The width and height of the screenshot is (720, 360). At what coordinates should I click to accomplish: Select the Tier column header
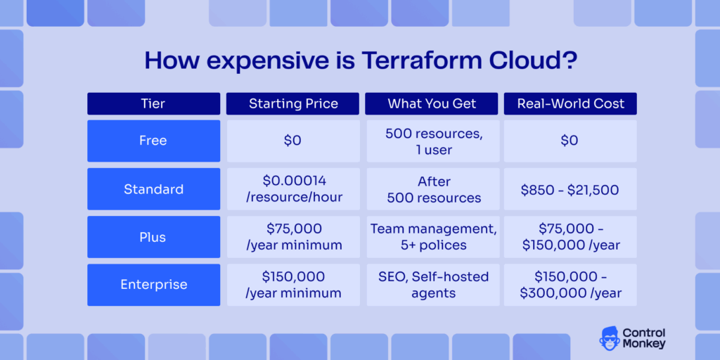(153, 103)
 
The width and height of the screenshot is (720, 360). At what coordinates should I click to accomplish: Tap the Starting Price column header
(293, 103)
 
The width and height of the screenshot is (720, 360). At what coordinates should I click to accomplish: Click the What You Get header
(432, 103)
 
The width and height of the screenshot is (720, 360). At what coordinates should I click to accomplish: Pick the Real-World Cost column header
(570, 103)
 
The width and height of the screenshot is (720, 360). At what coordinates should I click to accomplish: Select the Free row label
(153, 141)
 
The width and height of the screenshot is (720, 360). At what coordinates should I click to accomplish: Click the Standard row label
(153, 189)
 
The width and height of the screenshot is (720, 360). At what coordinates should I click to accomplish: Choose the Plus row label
(153, 237)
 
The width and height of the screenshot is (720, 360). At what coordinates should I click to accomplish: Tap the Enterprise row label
(153, 285)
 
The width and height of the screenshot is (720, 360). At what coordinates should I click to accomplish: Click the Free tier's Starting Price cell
(293, 141)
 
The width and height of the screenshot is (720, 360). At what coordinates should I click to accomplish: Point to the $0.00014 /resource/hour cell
(293, 189)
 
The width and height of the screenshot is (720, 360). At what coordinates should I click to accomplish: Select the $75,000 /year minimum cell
(293, 237)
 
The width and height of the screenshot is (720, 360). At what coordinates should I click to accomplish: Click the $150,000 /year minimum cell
(293, 285)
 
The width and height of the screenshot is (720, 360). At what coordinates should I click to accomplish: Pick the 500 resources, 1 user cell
(432, 141)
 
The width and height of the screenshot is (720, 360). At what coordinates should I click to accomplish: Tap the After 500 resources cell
(432, 189)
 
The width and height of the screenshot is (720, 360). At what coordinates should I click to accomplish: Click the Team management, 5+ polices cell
(432, 237)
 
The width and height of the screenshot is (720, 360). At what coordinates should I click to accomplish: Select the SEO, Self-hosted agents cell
(432, 285)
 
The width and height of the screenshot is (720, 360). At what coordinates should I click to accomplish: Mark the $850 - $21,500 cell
(570, 189)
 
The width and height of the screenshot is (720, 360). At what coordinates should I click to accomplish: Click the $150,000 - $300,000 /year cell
(570, 285)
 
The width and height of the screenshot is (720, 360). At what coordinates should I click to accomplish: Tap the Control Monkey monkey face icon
(610, 338)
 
